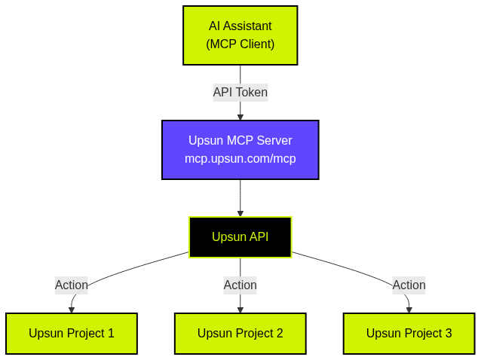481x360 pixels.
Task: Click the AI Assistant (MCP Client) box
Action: pyautogui.click(x=240, y=35)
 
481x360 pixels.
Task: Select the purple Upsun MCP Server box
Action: pyautogui.click(x=240, y=150)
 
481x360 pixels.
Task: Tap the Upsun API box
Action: pyautogui.click(x=240, y=237)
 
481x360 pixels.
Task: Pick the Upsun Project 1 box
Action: pyautogui.click(x=72, y=334)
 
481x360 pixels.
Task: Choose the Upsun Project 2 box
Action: pyautogui.click(x=240, y=334)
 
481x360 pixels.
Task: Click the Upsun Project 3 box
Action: pyautogui.click(x=409, y=334)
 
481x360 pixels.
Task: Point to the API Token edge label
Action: pyautogui.click(x=240, y=93)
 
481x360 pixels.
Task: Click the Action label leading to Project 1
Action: pyautogui.click(x=72, y=285)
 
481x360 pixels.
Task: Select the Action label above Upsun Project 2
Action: pyautogui.click(x=240, y=285)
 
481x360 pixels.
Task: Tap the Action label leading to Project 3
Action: pyautogui.click(x=409, y=285)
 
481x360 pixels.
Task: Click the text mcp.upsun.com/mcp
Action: pyautogui.click(x=240, y=159)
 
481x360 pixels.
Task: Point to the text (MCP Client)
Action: pyautogui.click(x=240, y=44)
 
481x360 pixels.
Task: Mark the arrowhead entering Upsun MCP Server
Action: pyautogui.click(x=240, y=117)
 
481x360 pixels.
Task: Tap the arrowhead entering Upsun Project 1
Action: pyautogui.click(x=72, y=310)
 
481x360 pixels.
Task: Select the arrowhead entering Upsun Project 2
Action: pyautogui.click(x=240, y=310)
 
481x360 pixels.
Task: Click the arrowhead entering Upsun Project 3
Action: pyautogui.click(x=409, y=310)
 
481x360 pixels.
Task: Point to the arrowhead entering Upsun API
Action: pyautogui.click(x=240, y=213)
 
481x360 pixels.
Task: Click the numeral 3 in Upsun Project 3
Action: pyautogui.click(x=448, y=334)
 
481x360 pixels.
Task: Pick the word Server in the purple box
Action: pyautogui.click(x=274, y=141)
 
